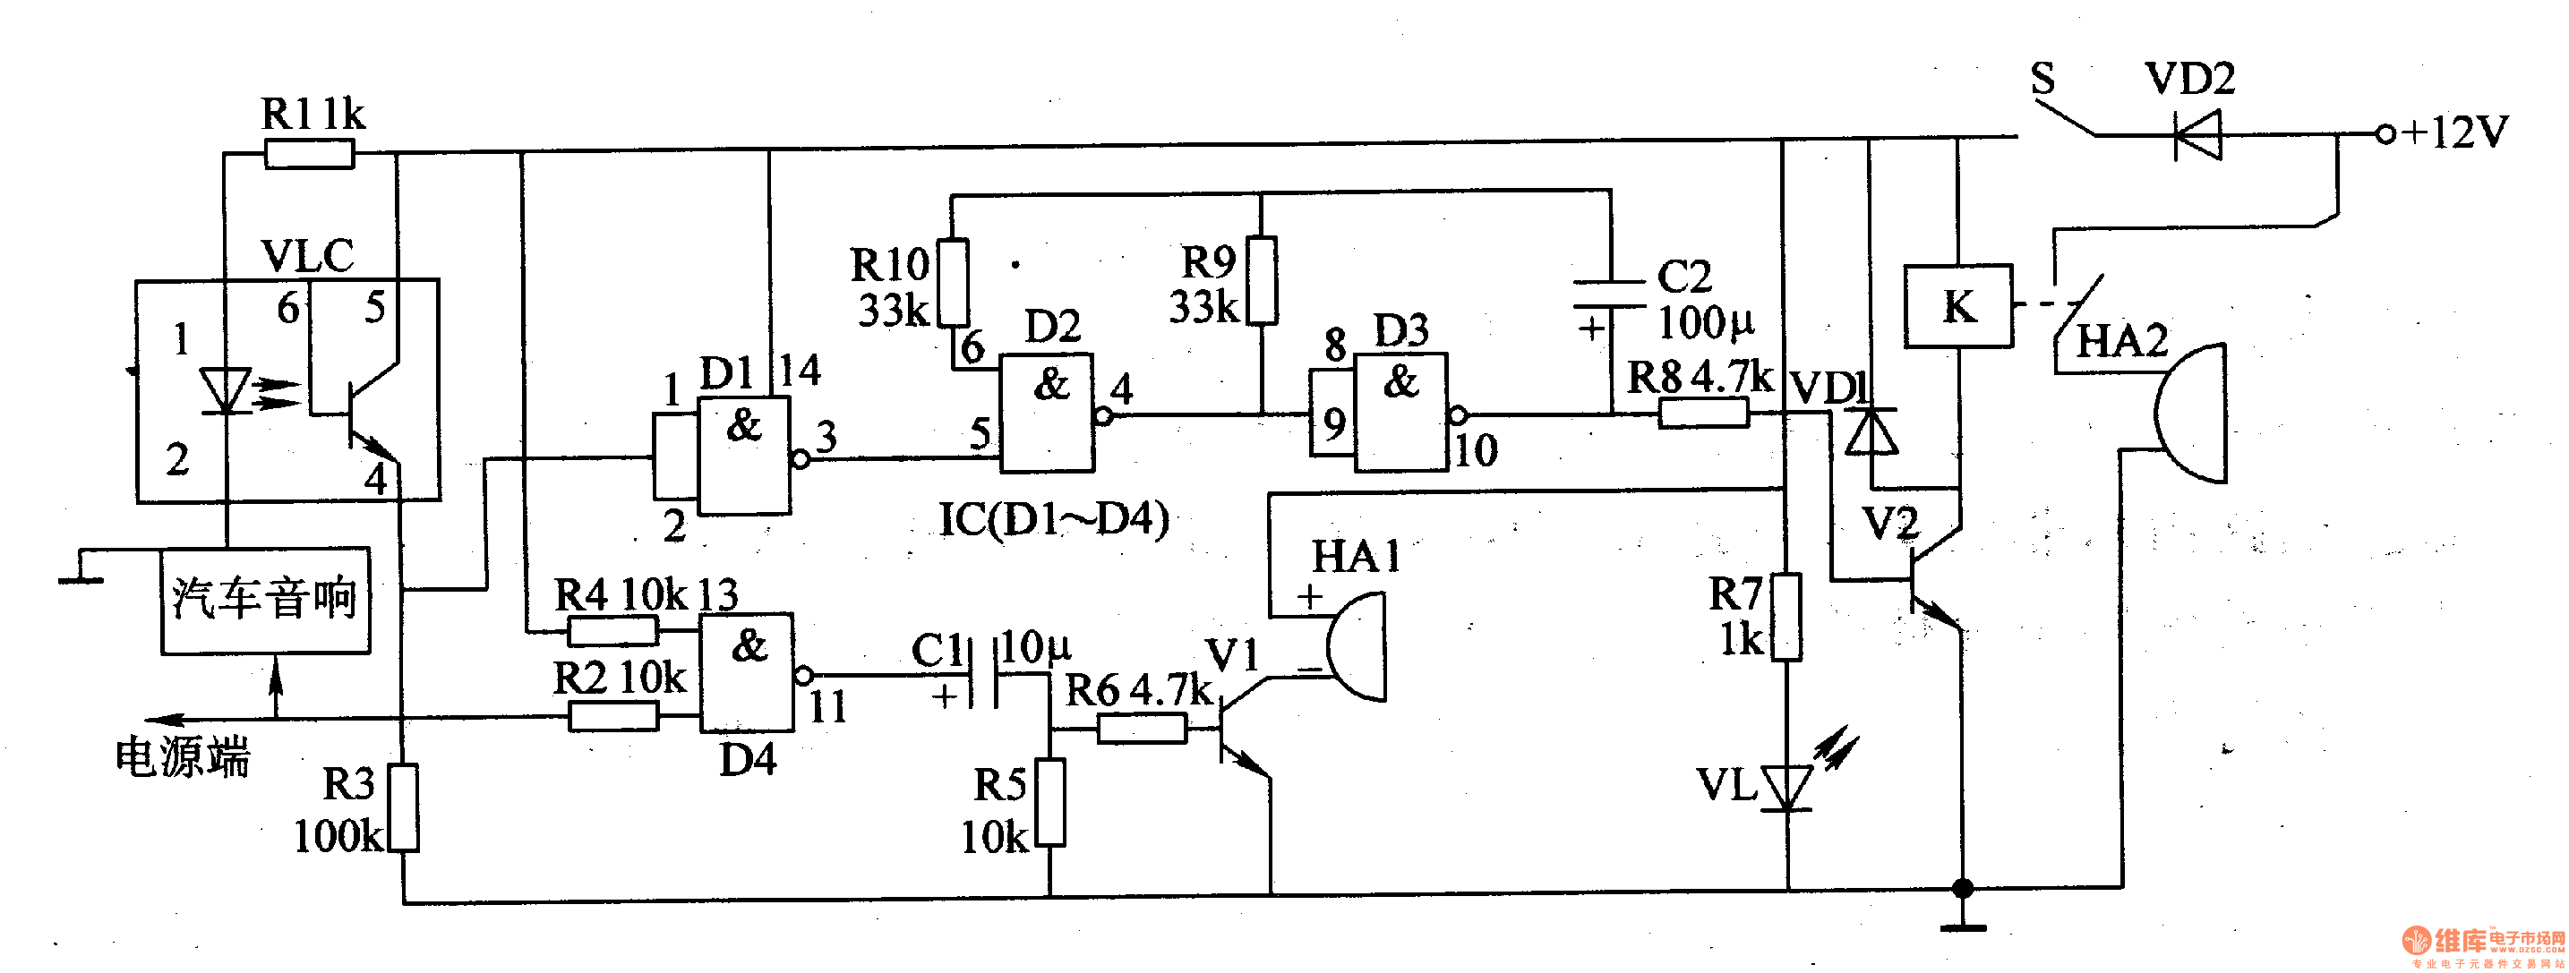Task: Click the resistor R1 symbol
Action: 309,155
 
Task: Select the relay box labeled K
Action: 1957,306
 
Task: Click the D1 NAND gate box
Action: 744,456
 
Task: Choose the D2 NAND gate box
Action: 1047,413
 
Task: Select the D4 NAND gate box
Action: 746,673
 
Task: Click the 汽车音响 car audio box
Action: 265,600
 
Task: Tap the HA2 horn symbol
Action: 2191,414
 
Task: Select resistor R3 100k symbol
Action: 403,807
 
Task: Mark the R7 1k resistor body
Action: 1786,616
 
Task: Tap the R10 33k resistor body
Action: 954,281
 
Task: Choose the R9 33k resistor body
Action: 1262,280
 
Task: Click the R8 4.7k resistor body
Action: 1703,413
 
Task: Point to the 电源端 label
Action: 183,757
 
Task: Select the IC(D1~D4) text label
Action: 1054,519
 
